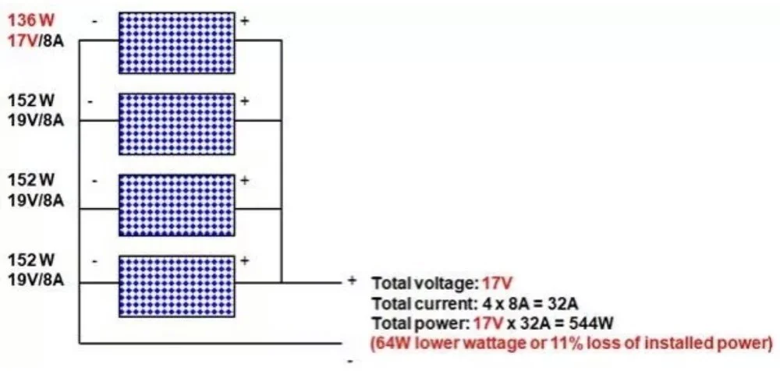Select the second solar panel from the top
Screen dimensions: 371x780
pyautogui.click(x=176, y=123)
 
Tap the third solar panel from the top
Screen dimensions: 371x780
pyautogui.click(x=176, y=204)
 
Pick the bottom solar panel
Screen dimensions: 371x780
pyautogui.click(x=176, y=286)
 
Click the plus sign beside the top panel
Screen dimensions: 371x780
pyautogui.click(x=245, y=20)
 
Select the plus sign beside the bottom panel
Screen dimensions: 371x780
pyautogui.click(x=245, y=260)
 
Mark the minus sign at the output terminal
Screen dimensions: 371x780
pyautogui.click(x=349, y=362)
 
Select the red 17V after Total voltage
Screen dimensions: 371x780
pyautogui.click(x=497, y=284)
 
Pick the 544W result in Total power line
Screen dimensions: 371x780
pyautogui.click(x=596, y=323)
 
